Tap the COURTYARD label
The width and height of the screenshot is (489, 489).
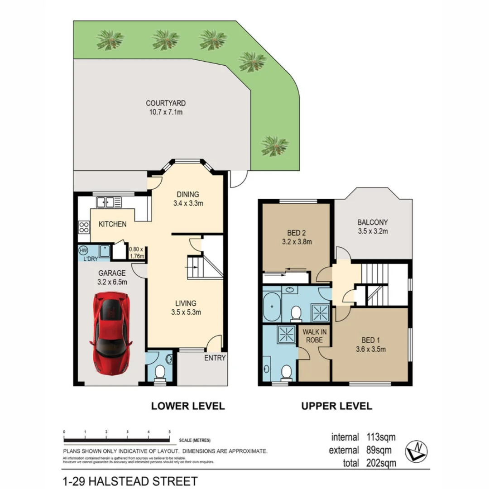(166, 107)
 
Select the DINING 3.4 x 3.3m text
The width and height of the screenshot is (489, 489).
(187, 199)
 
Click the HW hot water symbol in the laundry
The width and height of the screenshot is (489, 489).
(83, 250)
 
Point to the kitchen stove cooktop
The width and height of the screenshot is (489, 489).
(84, 226)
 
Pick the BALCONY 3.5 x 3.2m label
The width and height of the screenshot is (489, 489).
(373, 226)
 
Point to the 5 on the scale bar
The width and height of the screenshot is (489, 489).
(169, 432)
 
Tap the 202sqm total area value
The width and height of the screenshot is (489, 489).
(381, 463)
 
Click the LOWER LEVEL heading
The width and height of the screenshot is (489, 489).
(187, 406)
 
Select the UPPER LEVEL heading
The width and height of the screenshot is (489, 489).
(337, 406)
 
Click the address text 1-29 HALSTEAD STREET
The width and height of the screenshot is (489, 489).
(130, 480)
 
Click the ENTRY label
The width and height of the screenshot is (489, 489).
(215, 358)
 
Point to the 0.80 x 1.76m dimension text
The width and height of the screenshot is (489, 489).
(136, 253)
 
